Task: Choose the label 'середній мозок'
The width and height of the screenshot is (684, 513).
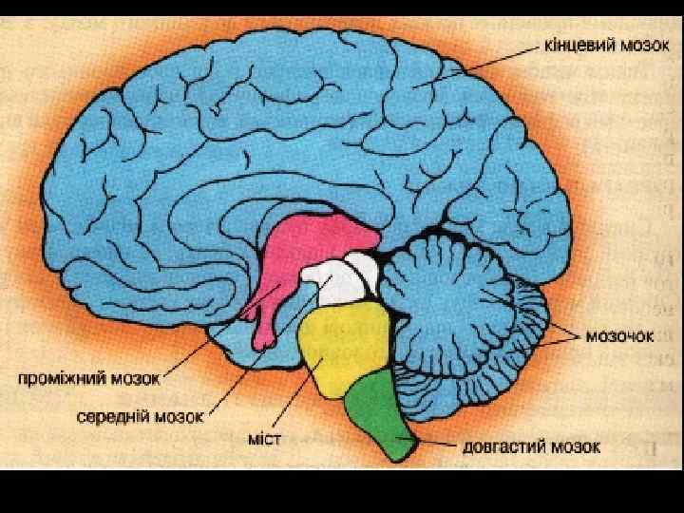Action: pyautogui.click(x=142, y=415)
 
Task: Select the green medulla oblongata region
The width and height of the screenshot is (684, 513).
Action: pyautogui.click(x=380, y=408)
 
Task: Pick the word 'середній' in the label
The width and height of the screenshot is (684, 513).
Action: pyautogui.click(x=114, y=415)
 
